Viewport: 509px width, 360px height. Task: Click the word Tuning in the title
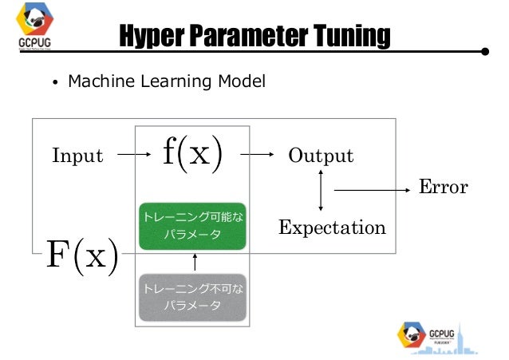click(x=351, y=36)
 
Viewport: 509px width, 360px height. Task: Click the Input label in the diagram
click(x=77, y=156)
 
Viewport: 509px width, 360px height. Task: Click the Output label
click(x=321, y=156)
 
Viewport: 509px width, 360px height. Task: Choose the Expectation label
click(x=332, y=228)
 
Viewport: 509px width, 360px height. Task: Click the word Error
click(x=444, y=188)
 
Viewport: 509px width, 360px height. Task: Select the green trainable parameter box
click(x=192, y=225)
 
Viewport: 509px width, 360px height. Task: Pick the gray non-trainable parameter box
click(x=192, y=297)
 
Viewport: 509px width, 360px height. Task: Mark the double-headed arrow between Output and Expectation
click(x=321, y=191)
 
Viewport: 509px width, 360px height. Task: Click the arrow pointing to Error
click(x=371, y=190)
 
